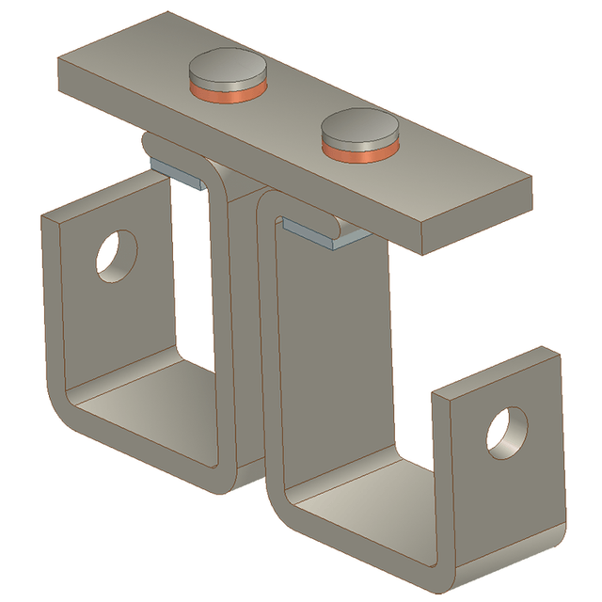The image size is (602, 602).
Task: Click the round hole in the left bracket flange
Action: tap(117, 253)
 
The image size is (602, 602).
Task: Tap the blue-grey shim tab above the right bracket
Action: tap(315, 232)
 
